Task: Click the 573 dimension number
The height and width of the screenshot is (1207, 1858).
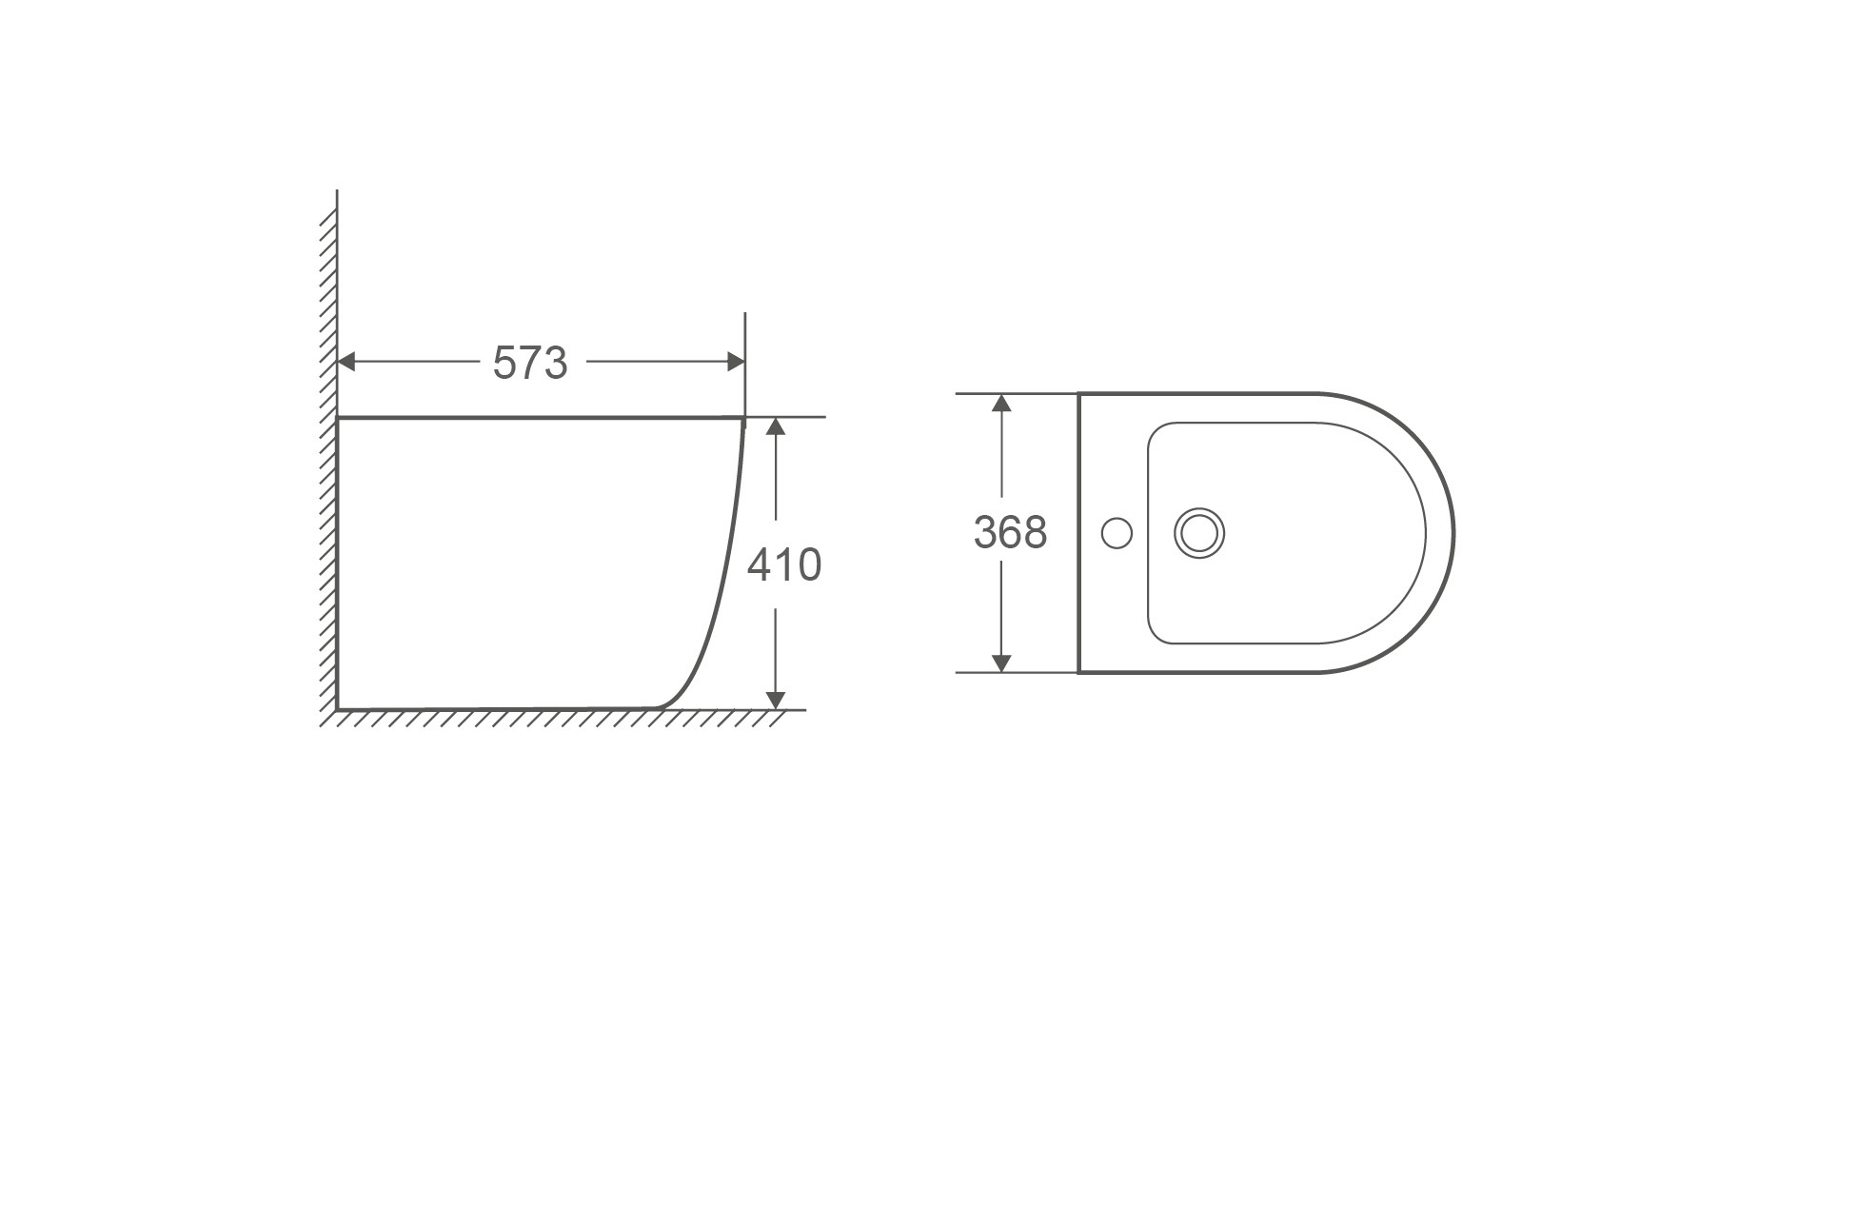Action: [530, 363]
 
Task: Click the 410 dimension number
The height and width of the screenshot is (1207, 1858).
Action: [783, 565]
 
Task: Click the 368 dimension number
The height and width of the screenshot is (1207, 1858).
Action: [1010, 533]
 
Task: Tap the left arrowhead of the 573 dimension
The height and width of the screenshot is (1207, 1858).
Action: [347, 362]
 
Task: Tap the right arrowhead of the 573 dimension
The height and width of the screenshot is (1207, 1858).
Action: [735, 362]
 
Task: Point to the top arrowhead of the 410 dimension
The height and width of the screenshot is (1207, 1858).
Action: [776, 426]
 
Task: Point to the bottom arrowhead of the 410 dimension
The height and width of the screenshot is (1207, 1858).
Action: [776, 700]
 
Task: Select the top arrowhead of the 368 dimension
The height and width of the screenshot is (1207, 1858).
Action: [1000, 403]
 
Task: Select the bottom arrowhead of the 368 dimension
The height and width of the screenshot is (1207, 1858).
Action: [1000, 663]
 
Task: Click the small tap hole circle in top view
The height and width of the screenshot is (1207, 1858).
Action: [1117, 533]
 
